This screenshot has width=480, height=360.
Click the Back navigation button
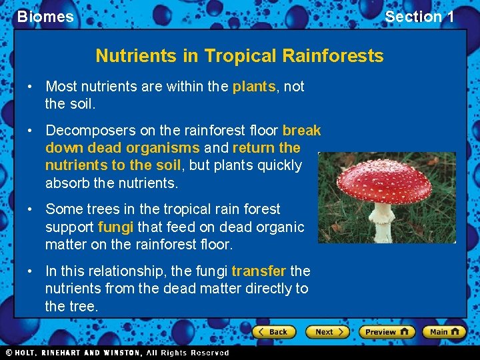(x=273, y=331)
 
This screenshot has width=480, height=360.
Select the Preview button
(x=387, y=331)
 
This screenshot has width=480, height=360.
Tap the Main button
(x=444, y=331)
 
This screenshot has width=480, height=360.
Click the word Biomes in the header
(x=45, y=17)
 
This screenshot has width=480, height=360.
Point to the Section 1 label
(x=419, y=17)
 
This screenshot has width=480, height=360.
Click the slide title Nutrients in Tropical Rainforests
(x=239, y=55)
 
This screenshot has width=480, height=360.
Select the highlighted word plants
(x=253, y=87)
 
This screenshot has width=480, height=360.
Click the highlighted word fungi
(x=116, y=227)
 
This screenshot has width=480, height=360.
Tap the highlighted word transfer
(x=259, y=271)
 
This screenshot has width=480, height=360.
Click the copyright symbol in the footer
(x=9, y=353)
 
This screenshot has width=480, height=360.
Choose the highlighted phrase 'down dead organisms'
(x=122, y=148)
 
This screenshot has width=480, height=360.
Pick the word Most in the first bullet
(x=61, y=87)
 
